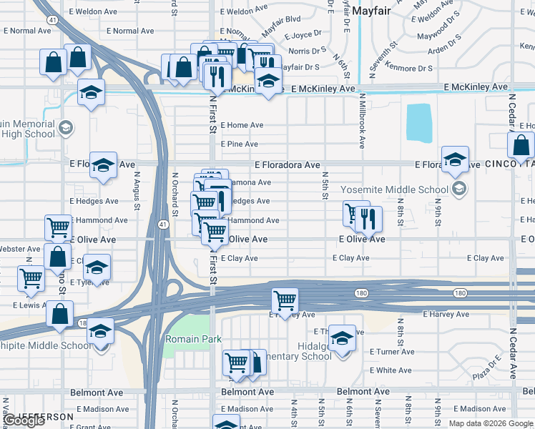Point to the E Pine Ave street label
tap(239, 144)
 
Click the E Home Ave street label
tap(242, 125)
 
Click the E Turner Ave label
tap(392, 352)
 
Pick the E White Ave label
tap(391, 370)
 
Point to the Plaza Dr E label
tap(491, 370)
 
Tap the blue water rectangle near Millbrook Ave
tap(418, 123)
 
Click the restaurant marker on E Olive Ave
tap(369, 220)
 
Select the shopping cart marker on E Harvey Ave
tap(285, 300)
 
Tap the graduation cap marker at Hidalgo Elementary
tap(343, 337)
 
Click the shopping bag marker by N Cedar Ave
tap(521, 145)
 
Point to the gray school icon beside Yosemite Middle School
tap(459, 189)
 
